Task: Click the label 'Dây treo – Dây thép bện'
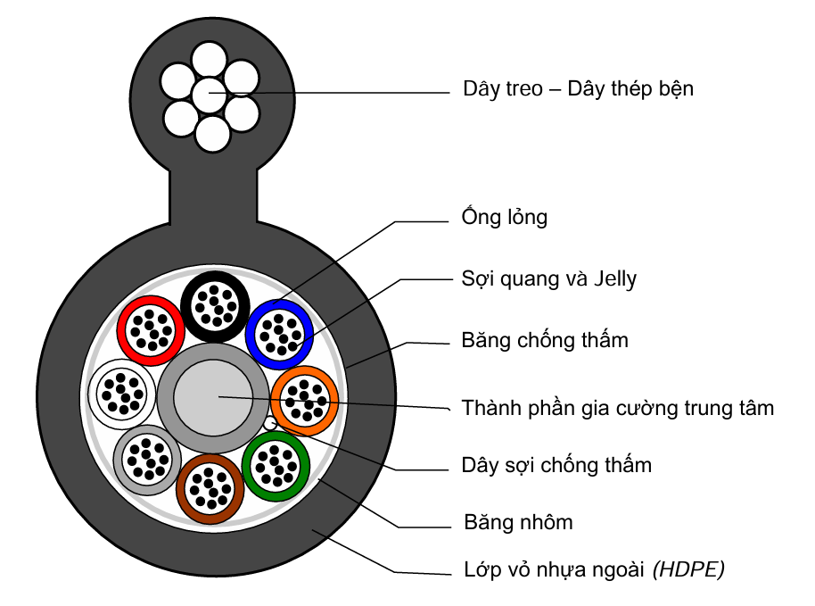[x=578, y=89]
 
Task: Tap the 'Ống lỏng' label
[x=504, y=218]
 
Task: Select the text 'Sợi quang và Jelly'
[x=549, y=278]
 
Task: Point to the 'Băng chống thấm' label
[x=545, y=340]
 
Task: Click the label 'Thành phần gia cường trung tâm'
[x=618, y=409]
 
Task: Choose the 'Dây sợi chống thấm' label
[x=556, y=465]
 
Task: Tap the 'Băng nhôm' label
[x=518, y=522]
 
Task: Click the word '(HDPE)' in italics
[x=689, y=569]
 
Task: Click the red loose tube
[x=151, y=329]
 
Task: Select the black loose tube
[x=214, y=305]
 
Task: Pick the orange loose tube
[x=305, y=399]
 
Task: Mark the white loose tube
[x=120, y=392]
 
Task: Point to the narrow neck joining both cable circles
[x=214, y=197]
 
